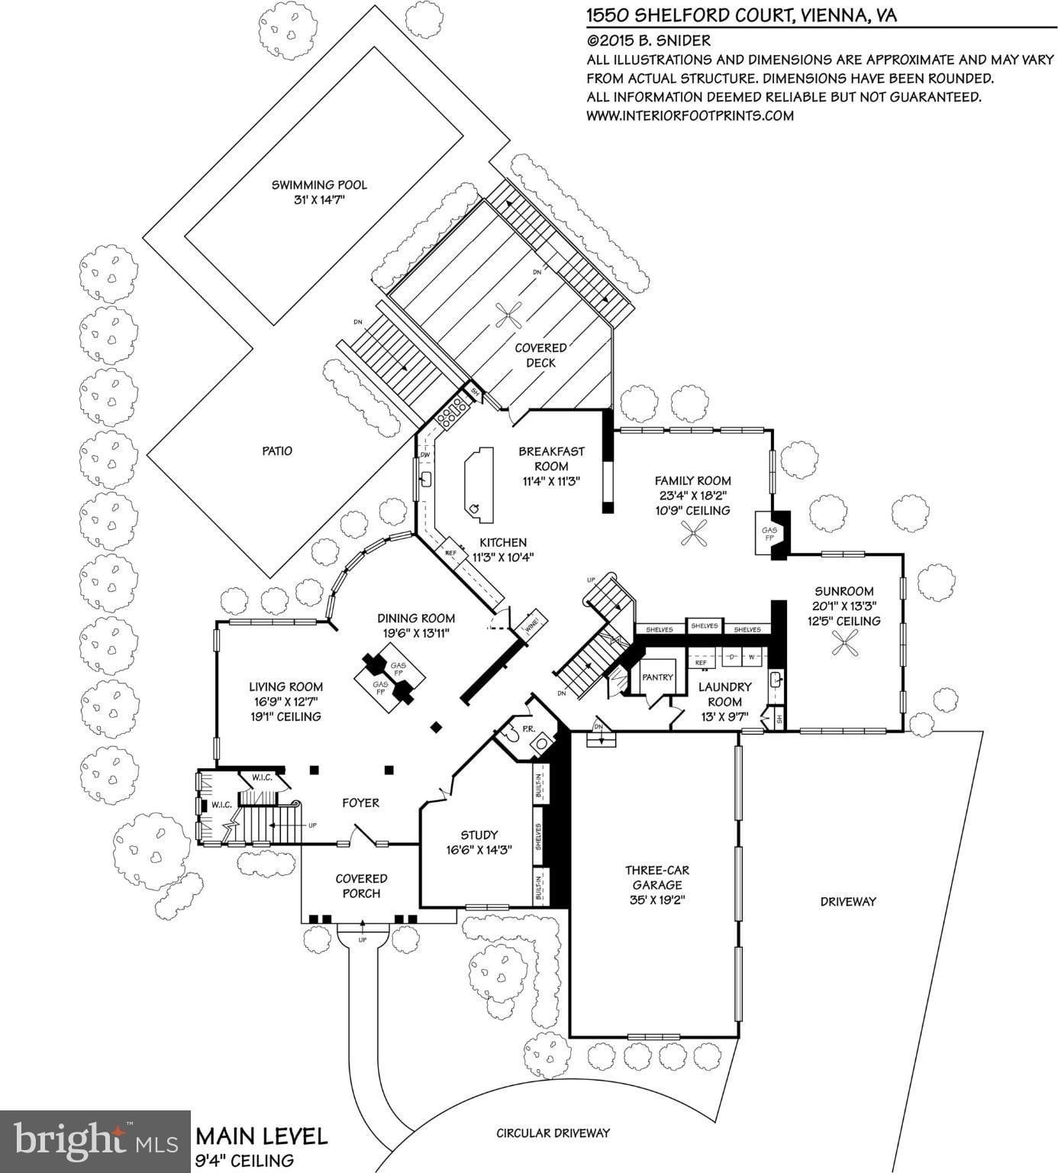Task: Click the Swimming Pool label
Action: (x=319, y=185)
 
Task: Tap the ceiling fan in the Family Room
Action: (x=694, y=533)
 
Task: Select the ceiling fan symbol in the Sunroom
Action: (x=844, y=648)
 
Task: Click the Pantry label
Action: (x=657, y=677)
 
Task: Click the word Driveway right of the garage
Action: (x=848, y=901)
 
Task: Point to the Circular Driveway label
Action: (x=553, y=1133)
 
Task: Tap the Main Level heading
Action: (x=262, y=1136)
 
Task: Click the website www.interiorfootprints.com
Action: (x=690, y=116)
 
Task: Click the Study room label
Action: (x=479, y=835)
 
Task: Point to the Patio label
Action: (x=277, y=451)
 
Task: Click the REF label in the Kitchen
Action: (x=450, y=552)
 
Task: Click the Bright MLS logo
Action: (x=95, y=1142)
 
